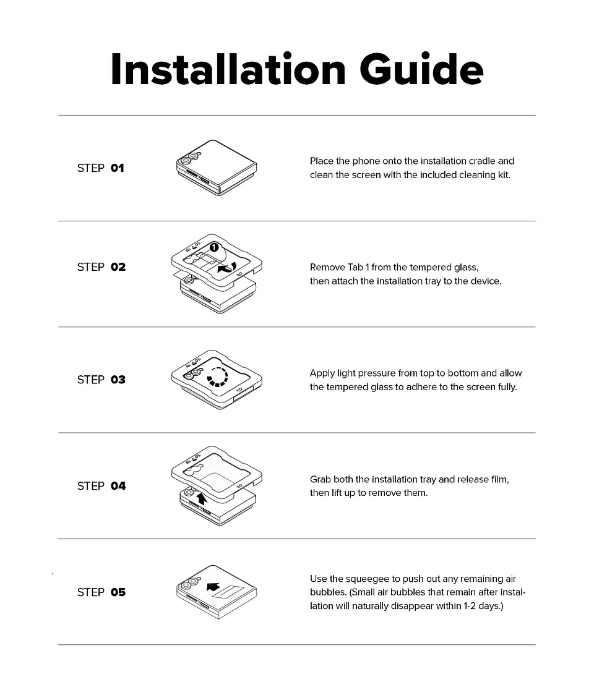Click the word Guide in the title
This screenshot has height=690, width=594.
pos(421,69)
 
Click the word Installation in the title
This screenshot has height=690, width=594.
pos(228,69)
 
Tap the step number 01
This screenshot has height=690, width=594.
pos(117,168)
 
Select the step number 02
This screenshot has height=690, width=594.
pos(118,267)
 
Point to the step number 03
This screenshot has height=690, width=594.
pos(118,380)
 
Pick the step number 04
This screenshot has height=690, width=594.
pos(118,486)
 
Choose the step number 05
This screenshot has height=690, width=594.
pos(118,592)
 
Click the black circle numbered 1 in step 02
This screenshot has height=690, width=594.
pos(214,247)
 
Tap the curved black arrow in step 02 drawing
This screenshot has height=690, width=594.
pos(227,267)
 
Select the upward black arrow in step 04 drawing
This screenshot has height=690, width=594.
pos(202,498)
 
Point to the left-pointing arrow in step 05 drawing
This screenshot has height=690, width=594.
pos(213,587)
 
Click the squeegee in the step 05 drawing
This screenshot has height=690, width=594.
pos(228,592)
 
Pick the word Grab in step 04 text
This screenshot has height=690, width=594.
pos(320,479)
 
